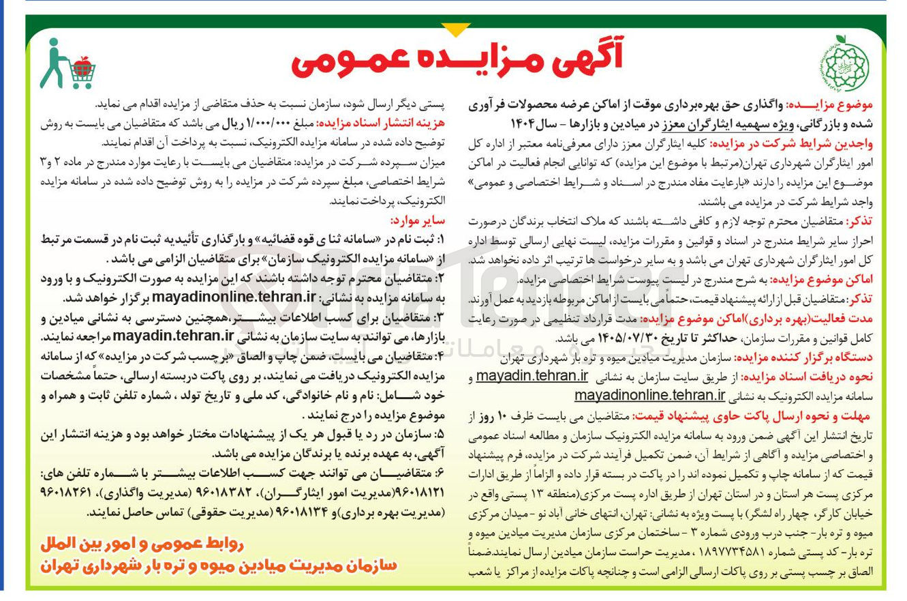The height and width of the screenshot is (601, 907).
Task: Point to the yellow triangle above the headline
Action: click(455, 29)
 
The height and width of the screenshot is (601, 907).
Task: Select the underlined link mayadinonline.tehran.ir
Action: click(649, 395)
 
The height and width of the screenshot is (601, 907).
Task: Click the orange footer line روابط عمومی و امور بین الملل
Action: click(142, 544)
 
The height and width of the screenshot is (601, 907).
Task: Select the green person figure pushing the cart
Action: click(53, 63)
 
